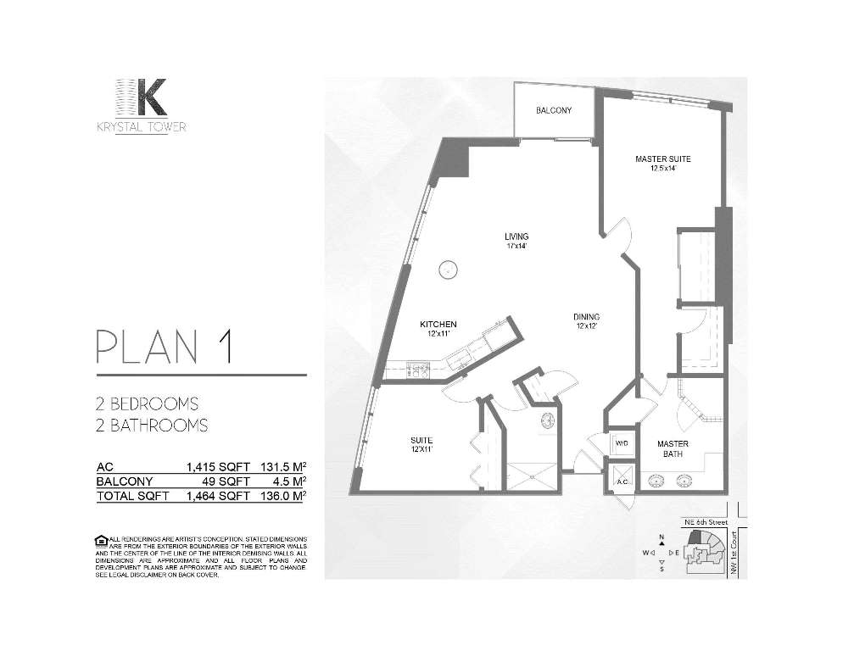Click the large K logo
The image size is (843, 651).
coord(140,98)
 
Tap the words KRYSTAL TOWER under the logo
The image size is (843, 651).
coord(140,127)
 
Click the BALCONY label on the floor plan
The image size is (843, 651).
coord(553,111)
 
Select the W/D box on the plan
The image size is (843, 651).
coord(620,443)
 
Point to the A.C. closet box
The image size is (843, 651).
coord(622,480)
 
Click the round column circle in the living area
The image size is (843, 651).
coord(447,270)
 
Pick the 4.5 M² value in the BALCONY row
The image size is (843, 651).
coord(287,481)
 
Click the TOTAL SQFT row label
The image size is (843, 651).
coord(132,496)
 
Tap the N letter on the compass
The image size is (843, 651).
coord(661,537)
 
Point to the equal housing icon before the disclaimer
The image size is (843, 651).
coord(102,540)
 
